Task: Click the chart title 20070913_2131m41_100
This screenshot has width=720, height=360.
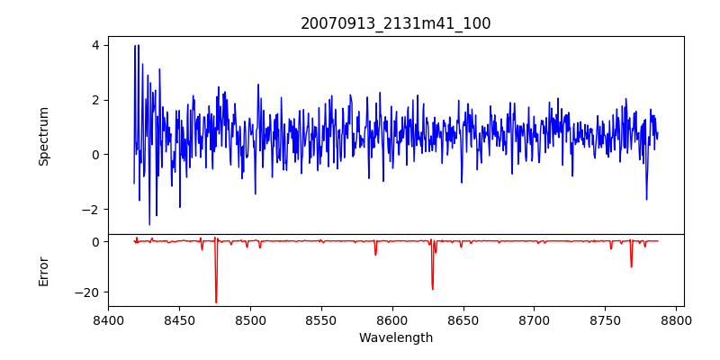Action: pos(396,23)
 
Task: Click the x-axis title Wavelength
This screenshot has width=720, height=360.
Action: pos(396,337)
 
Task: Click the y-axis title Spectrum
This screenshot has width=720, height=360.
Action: pos(44,135)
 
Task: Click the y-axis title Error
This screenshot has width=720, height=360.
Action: pos(44,270)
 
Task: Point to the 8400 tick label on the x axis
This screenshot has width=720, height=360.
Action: pos(108,319)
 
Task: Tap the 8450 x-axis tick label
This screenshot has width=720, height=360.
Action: pos(179,319)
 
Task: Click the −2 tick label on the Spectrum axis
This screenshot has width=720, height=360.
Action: pos(90,210)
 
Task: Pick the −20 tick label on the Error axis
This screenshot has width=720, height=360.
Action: pos(86,292)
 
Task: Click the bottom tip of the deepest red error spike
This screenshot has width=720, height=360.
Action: pos(216,302)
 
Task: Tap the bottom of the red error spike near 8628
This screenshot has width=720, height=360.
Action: pos(432,289)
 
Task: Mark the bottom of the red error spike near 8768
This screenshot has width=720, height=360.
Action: pos(631,266)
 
